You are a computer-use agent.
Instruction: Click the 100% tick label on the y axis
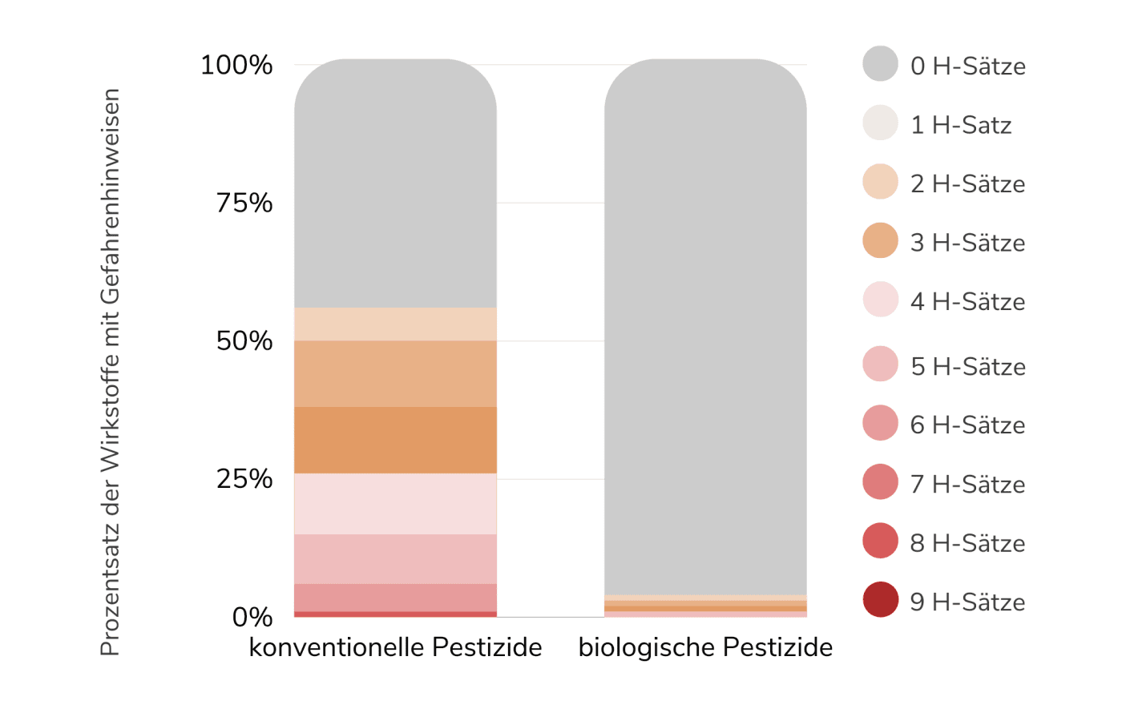coord(236,65)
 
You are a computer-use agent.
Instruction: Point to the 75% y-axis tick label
coord(244,203)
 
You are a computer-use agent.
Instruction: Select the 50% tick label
coord(244,340)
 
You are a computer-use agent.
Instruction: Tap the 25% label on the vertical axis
coord(244,479)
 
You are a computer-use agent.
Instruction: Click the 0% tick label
coord(252,617)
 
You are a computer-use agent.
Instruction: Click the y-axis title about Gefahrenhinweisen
coord(110,372)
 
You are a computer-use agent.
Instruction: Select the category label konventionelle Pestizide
coord(395,646)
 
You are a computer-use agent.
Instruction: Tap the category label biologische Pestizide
coord(705,646)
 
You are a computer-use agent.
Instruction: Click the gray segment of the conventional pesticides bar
coord(395,184)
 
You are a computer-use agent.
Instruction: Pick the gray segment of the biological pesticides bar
coord(705,320)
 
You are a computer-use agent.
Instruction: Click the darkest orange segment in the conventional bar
coord(395,440)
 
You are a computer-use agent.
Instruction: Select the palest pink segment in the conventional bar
coord(395,504)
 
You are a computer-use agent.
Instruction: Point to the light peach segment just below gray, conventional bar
coord(395,324)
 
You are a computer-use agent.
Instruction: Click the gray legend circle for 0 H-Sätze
coord(880,64)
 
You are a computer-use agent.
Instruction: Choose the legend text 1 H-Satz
coord(960,125)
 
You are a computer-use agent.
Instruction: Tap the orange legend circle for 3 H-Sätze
coord(880,240)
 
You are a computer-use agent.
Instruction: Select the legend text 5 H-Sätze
coord(967,366)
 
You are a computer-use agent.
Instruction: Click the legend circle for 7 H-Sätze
coord(880,481)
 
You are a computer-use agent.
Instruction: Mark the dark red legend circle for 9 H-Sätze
coord(880,599)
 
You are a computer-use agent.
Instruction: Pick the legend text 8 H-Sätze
coord(967,543)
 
